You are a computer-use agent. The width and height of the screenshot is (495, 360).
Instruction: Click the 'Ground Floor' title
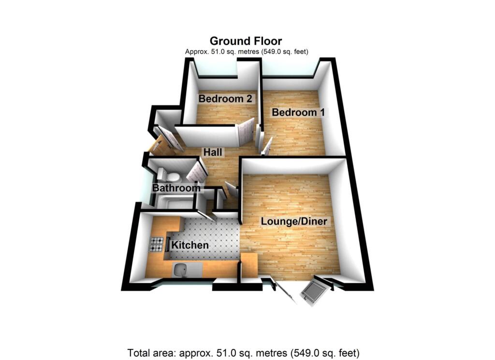tap(246, 41)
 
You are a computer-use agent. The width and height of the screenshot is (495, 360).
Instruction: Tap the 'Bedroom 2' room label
tap(225, 99)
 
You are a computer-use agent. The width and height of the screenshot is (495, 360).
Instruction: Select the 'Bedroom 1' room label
tap(298, 113)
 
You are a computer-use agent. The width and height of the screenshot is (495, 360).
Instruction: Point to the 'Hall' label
tap(213, 152)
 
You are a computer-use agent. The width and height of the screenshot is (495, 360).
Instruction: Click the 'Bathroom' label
tap(176, 188)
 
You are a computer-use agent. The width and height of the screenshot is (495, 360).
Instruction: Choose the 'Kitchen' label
tap(190, 245)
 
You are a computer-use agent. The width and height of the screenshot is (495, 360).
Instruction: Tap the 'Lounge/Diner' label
tap(294, 222)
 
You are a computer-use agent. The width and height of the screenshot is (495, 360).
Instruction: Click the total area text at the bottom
tap(244, 352)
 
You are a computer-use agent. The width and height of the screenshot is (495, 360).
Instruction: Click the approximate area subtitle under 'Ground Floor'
tap(247, 52)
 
